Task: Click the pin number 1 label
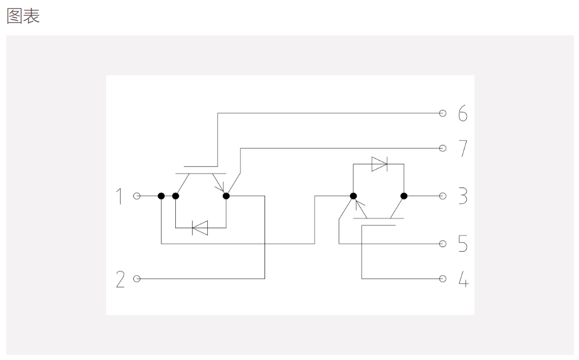[119, 196]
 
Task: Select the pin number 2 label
[120, 279]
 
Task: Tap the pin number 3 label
[463, 196]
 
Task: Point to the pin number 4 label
[463, 279]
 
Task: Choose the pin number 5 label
[463, 244]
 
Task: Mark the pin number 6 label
[463, 113]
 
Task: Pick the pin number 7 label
[463, 148]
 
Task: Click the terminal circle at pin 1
[137, 196]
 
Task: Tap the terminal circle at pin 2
[137, 279]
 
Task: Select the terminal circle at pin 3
[443, 196]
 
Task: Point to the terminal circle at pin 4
[443, 279]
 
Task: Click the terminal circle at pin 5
[443, 244]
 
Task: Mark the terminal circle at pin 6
[443, 113]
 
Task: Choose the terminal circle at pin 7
[443, 148]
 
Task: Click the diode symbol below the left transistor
[200, 228]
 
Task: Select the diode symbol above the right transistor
[380, 164]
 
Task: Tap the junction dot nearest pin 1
[161, 196]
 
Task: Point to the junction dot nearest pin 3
[404, 196]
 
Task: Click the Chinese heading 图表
[23, 17]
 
